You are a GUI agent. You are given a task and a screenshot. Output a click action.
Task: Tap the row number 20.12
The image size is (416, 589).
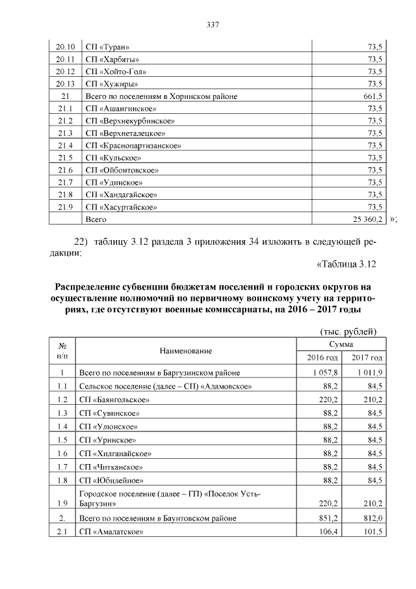[66, 72]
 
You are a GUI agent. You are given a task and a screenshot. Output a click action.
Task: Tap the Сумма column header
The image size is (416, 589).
[341, 344]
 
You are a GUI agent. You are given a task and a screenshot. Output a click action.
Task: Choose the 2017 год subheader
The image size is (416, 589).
[367, 358]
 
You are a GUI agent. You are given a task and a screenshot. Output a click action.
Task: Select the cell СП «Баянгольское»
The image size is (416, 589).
[114, 400]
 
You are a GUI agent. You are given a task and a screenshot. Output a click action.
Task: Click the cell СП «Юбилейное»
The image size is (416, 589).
[110, 480]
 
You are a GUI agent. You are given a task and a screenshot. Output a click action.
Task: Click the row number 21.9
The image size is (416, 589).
[65, 208]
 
